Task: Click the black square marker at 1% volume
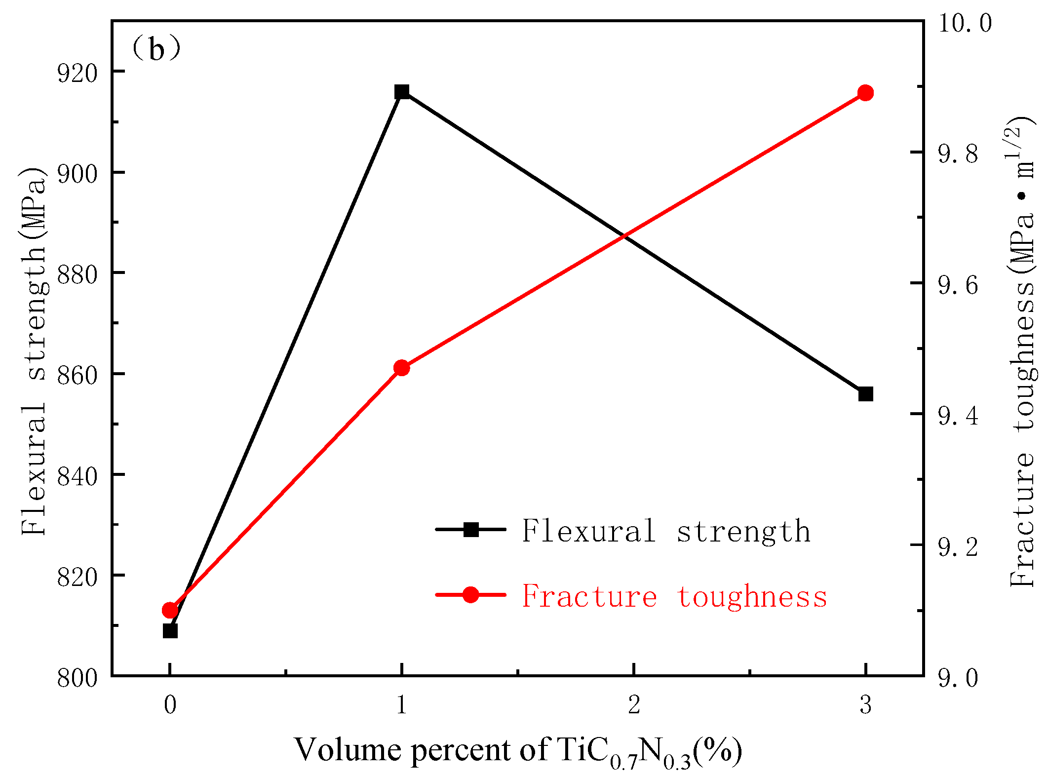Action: pyautogui.click(x=402, y=92)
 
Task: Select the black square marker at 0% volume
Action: pyautogui.click(x=170, y=630)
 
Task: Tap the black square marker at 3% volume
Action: pyautogui.click(x=866, y=394)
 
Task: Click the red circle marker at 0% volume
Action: pyautogui.click(x=170, y=610)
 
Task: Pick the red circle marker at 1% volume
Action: pyautogui.click(x=402, y=368)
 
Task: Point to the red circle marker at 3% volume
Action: pyautogui.click(x=866, y=93)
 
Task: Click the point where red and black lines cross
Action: pyautogui.click(x=625, y=236)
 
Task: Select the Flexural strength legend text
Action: pyautogui.click(x=666, y=531)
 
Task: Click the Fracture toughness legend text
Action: pyautogui.click(x=674, y=596)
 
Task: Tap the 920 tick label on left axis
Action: pyautogui.click(x=77, y=73)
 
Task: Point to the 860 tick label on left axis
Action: pyautogui.click(x=77, y=375)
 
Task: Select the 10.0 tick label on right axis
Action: pyautogui.click(x=964, y=23)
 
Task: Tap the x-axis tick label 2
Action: pyautogui.click(x=634, y=705)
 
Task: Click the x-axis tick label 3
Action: pyautogui.click(x=866, y=705)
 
